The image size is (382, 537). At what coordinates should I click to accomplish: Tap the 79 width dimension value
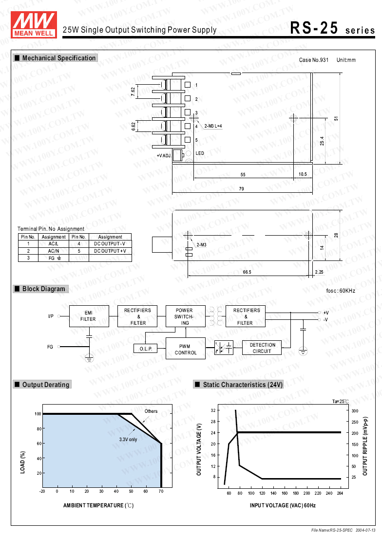(241, 189)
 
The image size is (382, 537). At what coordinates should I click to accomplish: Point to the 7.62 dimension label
(133, 92)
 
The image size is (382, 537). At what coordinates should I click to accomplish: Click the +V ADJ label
(164, 155)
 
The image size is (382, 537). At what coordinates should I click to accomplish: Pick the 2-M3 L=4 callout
(213, 126)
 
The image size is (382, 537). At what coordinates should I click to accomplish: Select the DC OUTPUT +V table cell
(110, 251)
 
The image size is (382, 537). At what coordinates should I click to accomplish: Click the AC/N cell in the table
(54, 251)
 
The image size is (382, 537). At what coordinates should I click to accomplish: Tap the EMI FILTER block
(89, 316)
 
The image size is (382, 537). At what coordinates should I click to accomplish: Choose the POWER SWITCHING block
(184, 316)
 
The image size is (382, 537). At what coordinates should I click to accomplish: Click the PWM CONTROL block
(186, 349)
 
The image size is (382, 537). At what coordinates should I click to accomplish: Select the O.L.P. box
(146, 349)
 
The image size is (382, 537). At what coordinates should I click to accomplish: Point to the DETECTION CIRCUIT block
(262, 348)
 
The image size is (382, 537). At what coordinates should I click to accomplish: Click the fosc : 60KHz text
(341, 291)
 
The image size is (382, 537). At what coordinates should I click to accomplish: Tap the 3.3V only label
(128, 439)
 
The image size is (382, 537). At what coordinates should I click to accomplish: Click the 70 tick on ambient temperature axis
(160, 492)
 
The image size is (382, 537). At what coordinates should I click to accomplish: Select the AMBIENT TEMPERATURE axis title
(98, 505)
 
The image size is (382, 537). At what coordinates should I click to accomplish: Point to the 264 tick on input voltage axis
(340, 494)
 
